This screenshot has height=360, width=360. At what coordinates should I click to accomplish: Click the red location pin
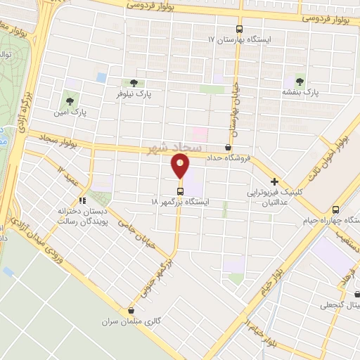(181, 167)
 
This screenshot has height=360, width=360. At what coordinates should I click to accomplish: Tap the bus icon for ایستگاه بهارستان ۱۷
(239, 30)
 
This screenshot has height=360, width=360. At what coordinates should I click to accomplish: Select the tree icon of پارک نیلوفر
(134, 83)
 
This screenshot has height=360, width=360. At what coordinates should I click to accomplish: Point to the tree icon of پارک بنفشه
(301, 82)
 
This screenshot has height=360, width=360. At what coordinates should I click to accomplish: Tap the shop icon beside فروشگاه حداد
(228, 147)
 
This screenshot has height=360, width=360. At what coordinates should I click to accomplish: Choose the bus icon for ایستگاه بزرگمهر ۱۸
(181, 191)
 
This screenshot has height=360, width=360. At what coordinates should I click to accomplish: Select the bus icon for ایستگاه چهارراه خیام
(335, 209)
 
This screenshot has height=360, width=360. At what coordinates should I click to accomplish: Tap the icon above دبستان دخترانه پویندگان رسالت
(82, 200)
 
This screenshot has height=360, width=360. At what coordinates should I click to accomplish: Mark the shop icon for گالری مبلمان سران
(131, 310)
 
